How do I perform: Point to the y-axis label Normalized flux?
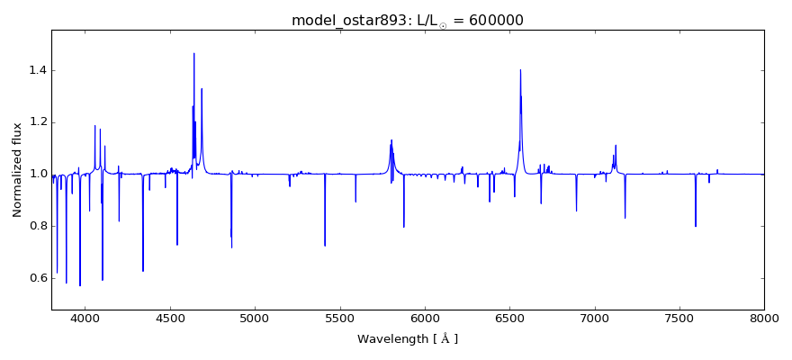tap(17, 170)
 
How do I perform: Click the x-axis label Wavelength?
tap(396, 339)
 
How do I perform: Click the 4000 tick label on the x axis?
tap(85, 319)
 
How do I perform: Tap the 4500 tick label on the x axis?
tap(170, 319)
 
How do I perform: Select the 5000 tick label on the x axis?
tap(255, 319)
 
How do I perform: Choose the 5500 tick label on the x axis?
tap(340, 319)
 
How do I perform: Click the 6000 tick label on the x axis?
tap(425, 319)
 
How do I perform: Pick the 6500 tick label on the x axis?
tap(509, 319)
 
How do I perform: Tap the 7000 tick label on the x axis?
tap(595, 319)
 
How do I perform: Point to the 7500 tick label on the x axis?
tap(679, 319)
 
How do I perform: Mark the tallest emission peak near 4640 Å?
tap(193, 54)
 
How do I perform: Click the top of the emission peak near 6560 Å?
tap(520, 70)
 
